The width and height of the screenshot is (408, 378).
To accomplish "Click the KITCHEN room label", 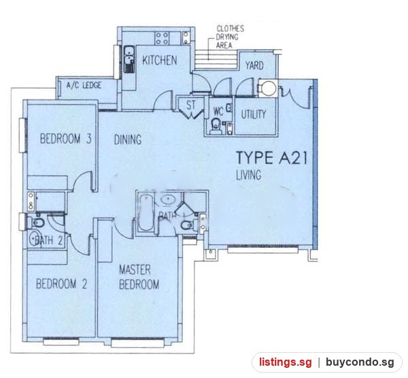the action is tap(160, 61).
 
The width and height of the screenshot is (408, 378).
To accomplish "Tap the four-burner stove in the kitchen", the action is tap(162, 38).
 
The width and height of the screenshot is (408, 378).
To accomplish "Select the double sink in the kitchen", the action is tap(129, 59).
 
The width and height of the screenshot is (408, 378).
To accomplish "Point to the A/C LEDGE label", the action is tap(84, 85).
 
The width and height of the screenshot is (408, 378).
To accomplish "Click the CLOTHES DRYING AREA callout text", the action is tap(230, 37).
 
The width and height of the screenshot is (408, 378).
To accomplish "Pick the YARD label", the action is tap(254, 65).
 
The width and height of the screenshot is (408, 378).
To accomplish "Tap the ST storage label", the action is tap(190, 106).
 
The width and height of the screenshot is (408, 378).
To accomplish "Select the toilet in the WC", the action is tap(216, 126).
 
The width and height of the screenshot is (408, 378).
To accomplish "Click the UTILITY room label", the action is tap(254, 114).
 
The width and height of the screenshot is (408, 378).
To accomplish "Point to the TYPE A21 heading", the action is tap(271, 157).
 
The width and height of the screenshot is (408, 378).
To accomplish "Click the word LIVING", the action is tap(248, 175).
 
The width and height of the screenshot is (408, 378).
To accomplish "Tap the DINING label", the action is tap(128, 140).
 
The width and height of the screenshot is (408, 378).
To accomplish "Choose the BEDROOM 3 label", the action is tap(65, 138).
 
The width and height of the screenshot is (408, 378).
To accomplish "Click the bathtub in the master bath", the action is tap(146, 212).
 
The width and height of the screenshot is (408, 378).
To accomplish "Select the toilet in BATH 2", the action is tap(38, 223).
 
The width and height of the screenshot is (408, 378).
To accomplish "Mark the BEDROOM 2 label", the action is tap(61, 283).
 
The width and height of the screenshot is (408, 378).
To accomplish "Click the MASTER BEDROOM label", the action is tap(139, 277).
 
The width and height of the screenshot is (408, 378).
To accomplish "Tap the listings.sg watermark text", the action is tap(285, 362).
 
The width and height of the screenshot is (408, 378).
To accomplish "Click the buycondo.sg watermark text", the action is tap(360, 362).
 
